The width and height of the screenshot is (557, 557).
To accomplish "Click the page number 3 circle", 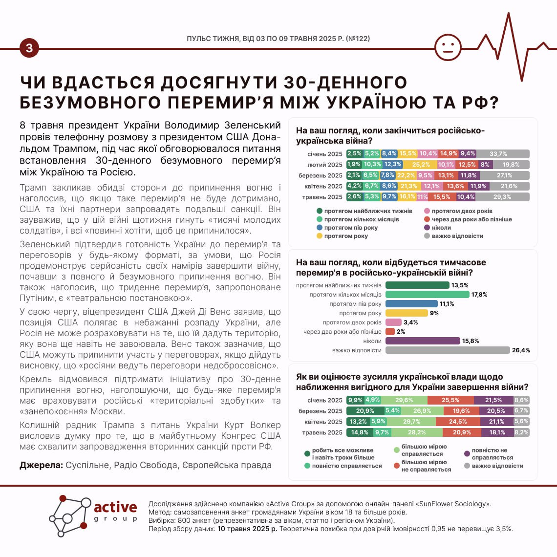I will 29,48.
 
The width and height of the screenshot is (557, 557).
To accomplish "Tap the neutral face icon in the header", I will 448,47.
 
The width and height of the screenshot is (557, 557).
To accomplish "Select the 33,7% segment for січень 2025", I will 503,154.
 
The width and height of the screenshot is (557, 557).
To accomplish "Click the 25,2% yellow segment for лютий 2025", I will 421,165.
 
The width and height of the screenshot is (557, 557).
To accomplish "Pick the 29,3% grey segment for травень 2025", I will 502,197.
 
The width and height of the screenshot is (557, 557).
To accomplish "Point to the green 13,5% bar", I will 417,285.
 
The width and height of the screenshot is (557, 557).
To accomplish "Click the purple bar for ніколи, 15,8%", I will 423,341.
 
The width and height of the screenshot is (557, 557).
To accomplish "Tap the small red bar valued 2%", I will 390,332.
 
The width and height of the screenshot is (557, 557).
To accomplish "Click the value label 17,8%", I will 479,295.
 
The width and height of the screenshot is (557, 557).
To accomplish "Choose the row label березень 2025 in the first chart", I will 321,175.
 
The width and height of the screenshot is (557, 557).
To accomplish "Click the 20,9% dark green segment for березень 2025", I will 365,411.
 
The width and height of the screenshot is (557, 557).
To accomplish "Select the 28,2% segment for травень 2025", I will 417,432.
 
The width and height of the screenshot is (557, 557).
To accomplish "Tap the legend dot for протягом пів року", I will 319,228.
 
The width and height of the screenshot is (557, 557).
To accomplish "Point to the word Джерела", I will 41,465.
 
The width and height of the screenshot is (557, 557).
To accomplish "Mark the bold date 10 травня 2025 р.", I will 247,529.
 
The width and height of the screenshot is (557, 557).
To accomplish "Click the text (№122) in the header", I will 358,38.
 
